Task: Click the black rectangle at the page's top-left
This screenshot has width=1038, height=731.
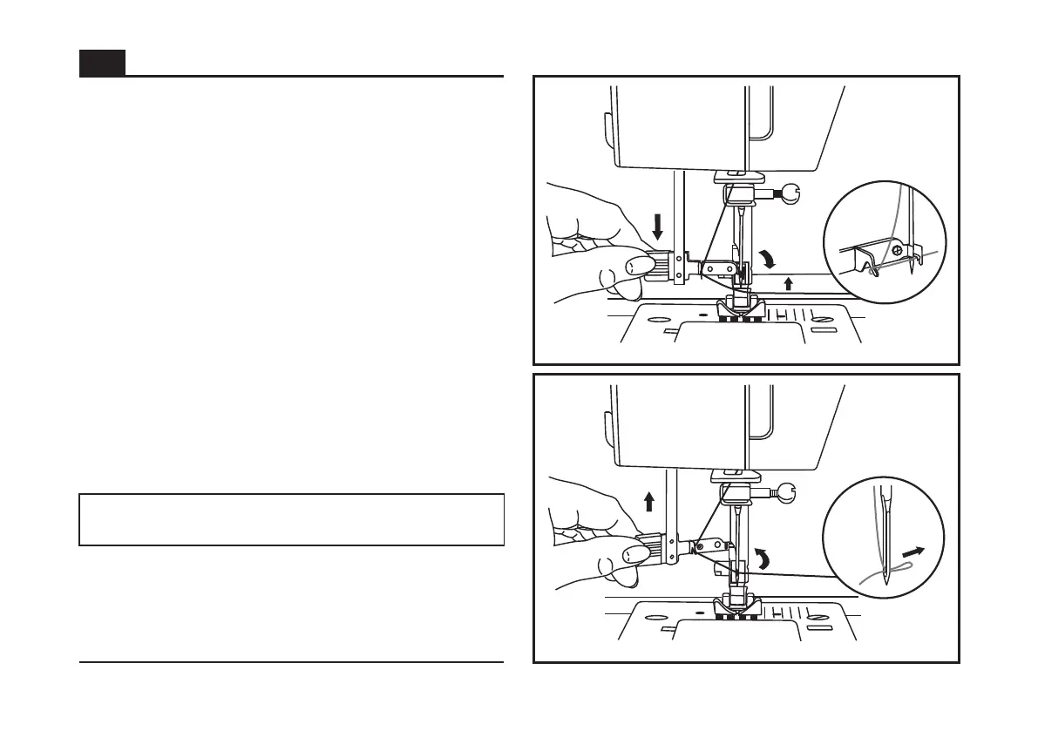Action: tap(102, 63)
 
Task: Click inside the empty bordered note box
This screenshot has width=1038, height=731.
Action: tap(291, 519)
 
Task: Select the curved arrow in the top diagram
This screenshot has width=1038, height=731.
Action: tap(768, 259)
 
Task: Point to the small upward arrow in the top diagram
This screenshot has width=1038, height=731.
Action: tap(789, 282)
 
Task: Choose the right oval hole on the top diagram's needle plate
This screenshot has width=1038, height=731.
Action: tap(821, 319)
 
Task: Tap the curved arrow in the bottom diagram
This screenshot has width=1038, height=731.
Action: tap(763, 559)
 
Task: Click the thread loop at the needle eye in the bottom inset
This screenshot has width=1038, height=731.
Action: tap(893, 576)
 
